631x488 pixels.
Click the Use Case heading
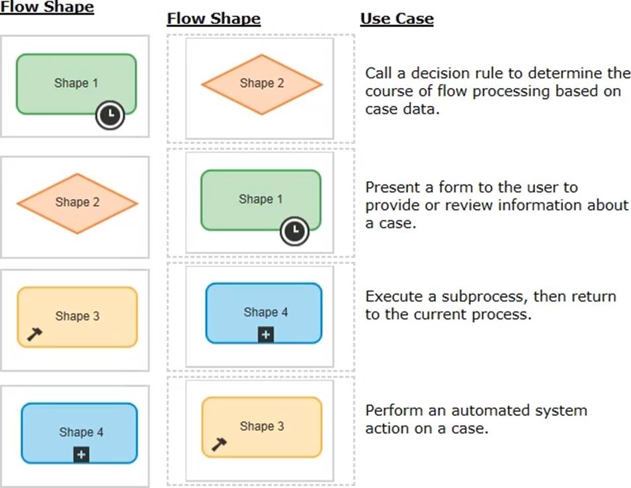click(396, 19)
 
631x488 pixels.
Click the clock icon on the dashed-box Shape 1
click(294, 231)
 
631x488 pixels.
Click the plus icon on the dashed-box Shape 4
click(265, 335)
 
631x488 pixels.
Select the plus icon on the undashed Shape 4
click(81, 455)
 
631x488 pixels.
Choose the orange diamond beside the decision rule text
click(261, 84)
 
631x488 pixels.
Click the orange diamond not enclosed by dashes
click(77, 203)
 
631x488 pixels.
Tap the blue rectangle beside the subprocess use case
click(264, 313)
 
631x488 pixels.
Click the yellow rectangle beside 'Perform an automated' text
click(261, 427)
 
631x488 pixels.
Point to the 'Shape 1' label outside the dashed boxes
click(76, 83)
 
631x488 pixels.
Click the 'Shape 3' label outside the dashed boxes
click(77, 316)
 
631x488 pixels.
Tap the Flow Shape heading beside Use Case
click(213, 19)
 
